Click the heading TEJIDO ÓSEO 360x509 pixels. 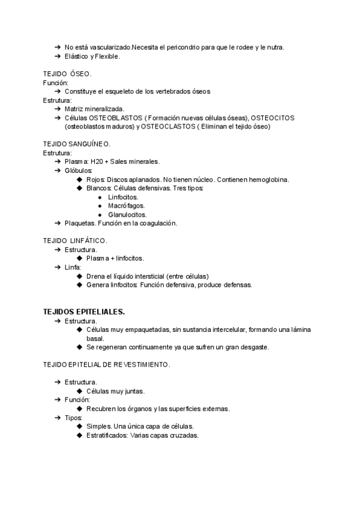(x=67, y=74)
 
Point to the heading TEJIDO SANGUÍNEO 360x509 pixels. (x=77, y=144)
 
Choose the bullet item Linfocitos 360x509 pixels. (x=122, y=197)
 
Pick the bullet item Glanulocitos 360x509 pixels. (x=127, y=214)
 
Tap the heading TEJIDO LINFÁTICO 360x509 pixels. (x=76, y=241)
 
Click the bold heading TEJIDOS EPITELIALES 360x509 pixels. (x=84, y=312)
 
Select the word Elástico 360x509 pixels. (x=77, y=56)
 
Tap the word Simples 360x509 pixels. (x=98, y=426)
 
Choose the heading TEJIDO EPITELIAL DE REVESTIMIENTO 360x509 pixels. (x=106, y=364)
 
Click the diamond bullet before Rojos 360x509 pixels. (x=80, y=179)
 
